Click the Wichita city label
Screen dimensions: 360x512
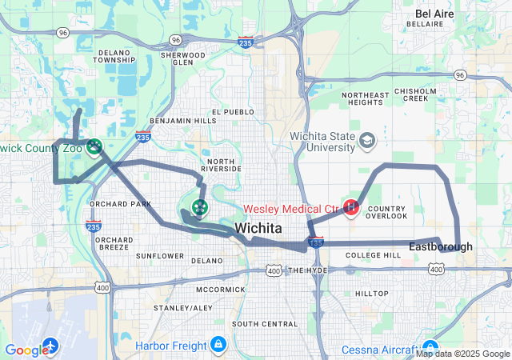pos(258,227)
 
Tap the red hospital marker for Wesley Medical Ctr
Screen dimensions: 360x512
pos(350,208)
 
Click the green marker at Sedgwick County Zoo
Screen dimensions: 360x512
pos(94,146)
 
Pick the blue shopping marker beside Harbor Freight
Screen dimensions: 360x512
pos(218,346)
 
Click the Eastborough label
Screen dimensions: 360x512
pos(441,246)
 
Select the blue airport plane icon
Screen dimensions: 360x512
pos(50,346)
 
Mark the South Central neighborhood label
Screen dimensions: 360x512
pos(264,323)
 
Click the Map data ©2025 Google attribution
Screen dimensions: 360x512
pos(462,354)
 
